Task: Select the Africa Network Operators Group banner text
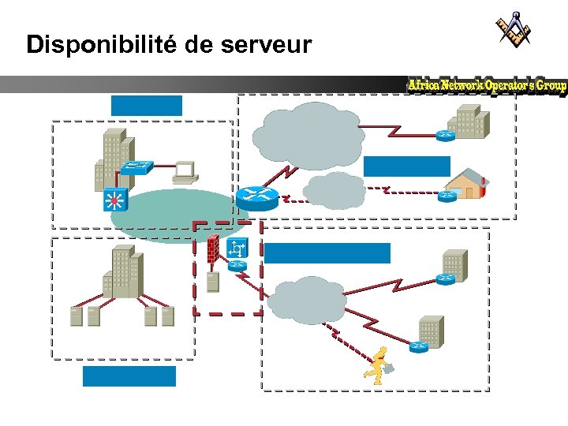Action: click(x=487, y=85)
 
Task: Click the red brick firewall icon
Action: click(x=213, y=248)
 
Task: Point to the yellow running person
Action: click(x=377, y=364)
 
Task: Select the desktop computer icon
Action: click(x=184, y=171)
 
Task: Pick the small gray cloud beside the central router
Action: click(x=334, y=190)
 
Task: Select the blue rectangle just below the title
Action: click(x=147, y=106)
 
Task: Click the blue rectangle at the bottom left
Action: click(x=129, y=376)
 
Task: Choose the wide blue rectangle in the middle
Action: click(x=327, y=252)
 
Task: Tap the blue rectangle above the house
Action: click(x=406, y=166)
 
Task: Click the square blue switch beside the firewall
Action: click(x=237, y=249)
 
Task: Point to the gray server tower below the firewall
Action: click(x=211, y=282)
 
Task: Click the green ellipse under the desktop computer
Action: click(x=170, y=216)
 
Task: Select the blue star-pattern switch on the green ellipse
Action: click(x=115, y=200)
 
